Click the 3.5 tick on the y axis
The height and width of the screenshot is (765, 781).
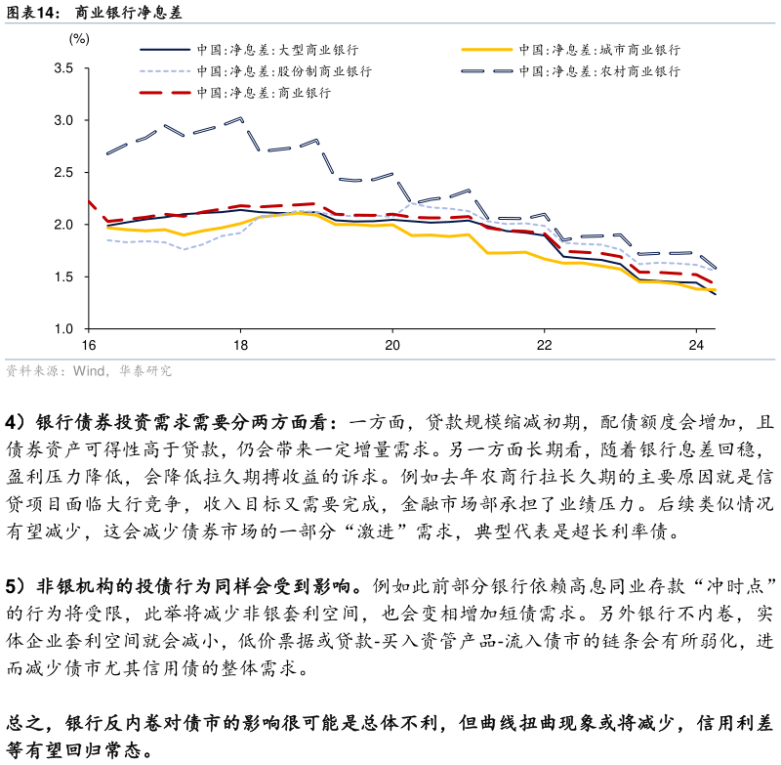[x=63, y=68]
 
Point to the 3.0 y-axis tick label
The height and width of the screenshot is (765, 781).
[x=63, y=120]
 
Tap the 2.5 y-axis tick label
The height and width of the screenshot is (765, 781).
[x=63, y=173]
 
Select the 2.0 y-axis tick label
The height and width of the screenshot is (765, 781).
[x=63, y=225]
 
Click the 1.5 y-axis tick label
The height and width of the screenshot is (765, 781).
[x=63, y=277]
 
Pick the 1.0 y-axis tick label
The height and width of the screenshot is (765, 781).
[x=63, y=329]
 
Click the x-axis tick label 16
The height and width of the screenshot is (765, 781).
[x=88, y=346]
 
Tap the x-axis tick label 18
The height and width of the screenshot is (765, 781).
[x=240, y=346]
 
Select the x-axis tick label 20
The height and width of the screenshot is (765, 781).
[x=392, y=346]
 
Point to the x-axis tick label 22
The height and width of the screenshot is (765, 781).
[x=545, y=346]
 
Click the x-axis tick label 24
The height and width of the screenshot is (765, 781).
[x=697, y=346]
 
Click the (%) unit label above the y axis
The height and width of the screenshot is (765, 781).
[x=79, y=39]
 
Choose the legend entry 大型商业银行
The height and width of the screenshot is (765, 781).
[x=276, y=49]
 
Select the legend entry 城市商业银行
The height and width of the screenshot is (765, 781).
[x=598, y=49]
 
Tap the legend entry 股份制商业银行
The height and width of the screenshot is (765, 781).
[x=283, y=71]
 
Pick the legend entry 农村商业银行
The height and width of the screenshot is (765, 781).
[x=598, y=71]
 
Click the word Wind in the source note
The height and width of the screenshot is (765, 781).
[x=88, y=371]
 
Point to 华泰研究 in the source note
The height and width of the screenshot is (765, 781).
[x=145, y=371]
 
